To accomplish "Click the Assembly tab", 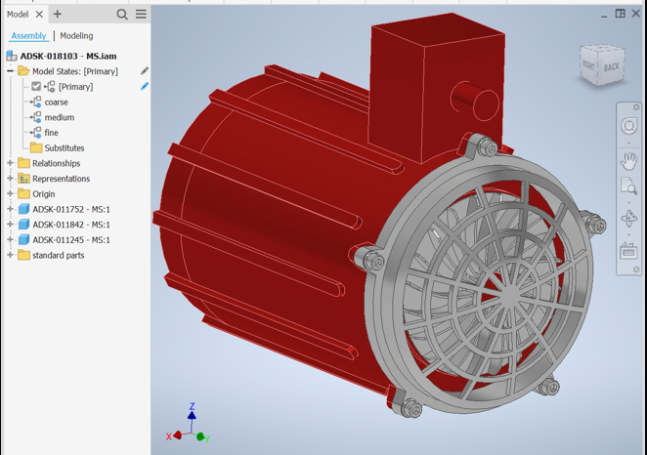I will pos(28,36).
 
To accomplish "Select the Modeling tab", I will pos(76,36).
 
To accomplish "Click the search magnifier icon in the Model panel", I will pos(122,15).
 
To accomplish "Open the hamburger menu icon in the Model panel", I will pos(141,15).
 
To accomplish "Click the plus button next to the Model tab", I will pos(58,15).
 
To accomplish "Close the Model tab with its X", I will pos(40,15).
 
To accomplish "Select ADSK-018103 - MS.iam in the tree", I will pos(67,56).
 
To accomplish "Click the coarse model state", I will pos(56,102).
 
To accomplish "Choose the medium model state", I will pos(59,117).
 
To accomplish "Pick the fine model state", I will pos(51,133).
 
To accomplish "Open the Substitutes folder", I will pos(64,148).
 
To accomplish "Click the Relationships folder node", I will pos(56,163).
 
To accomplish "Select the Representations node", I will pos(61,179).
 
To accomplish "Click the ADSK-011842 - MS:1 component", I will pos(70,225).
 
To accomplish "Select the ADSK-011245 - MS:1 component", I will pos(70,240).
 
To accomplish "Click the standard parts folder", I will pos(58,256).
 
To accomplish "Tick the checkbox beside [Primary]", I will pos(36,87).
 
